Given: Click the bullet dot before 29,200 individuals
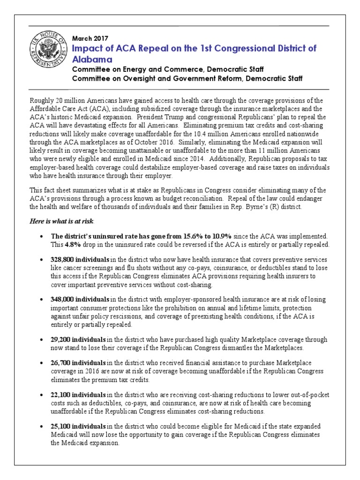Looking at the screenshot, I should point(43,339).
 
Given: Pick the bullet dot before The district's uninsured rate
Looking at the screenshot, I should point(43,237).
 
